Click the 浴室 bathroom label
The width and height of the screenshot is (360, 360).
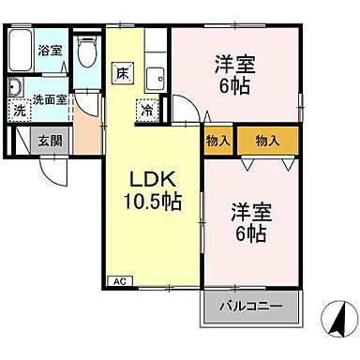51,50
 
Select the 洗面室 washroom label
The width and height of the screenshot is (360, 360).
48,97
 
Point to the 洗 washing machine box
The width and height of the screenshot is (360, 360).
20,110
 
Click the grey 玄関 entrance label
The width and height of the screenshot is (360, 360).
51,142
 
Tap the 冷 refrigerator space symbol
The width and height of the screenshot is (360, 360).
147,109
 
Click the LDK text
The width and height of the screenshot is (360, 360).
147,179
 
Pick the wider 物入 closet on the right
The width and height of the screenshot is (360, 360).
267,141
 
